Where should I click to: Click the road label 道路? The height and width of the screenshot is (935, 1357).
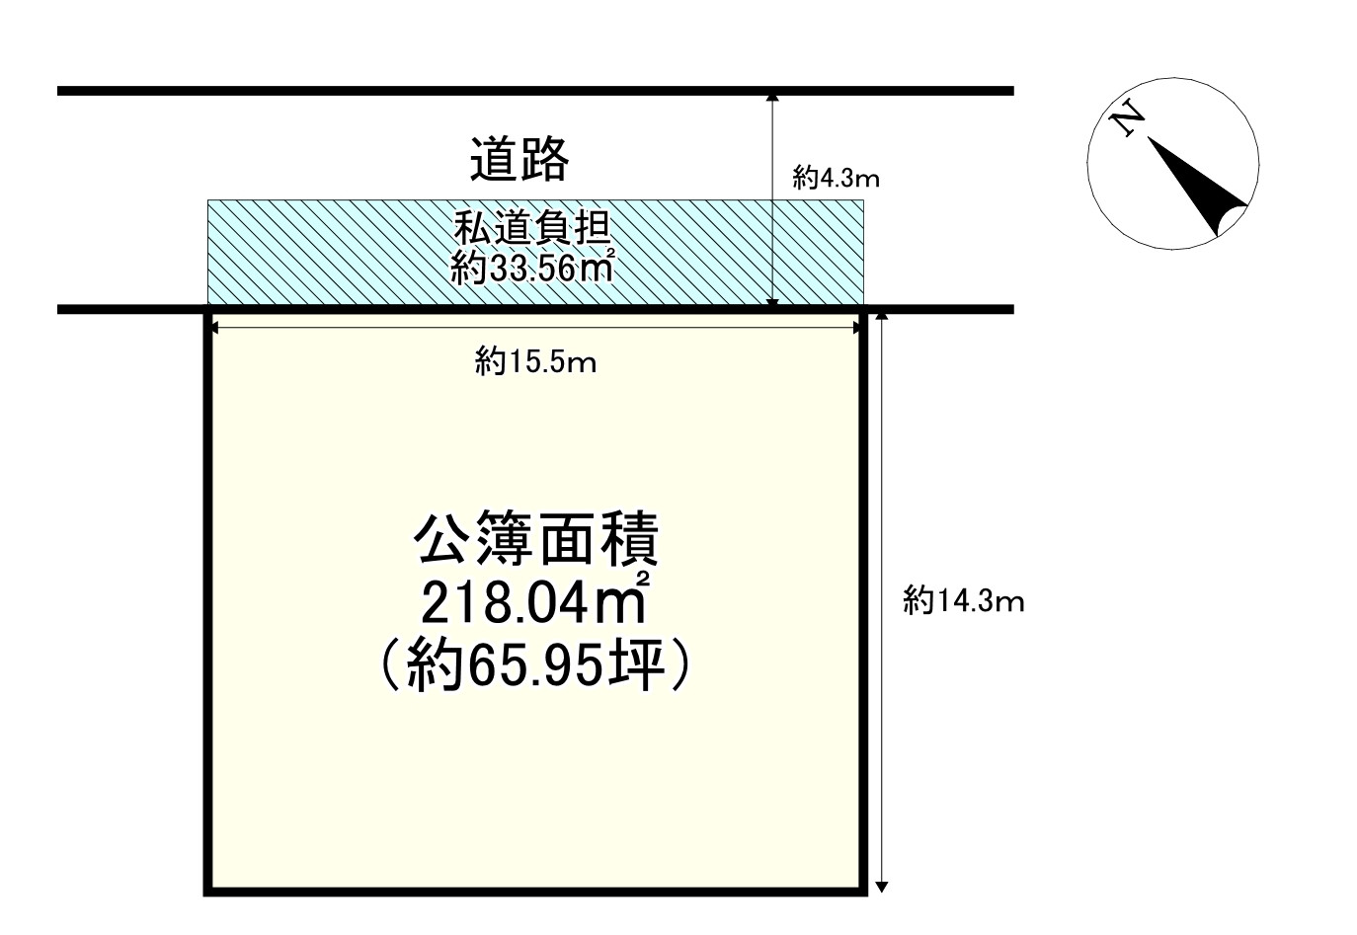[x=519, y=160]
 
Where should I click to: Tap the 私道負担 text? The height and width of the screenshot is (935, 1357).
[x=533, y=231]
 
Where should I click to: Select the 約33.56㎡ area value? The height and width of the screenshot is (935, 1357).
[x=534, y=267]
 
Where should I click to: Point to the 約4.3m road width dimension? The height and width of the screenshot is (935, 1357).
[x=836, y=179]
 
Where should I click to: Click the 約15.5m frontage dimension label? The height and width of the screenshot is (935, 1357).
[x=535, y=363]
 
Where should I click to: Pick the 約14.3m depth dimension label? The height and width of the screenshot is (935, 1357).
[x=963, y=600]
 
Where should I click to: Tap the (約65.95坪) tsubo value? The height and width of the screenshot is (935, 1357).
[x=534, y=669]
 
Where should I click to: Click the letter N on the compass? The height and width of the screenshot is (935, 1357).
[x=1127, y=120]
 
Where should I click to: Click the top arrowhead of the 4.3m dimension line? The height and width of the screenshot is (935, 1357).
[x=772, y=97]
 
